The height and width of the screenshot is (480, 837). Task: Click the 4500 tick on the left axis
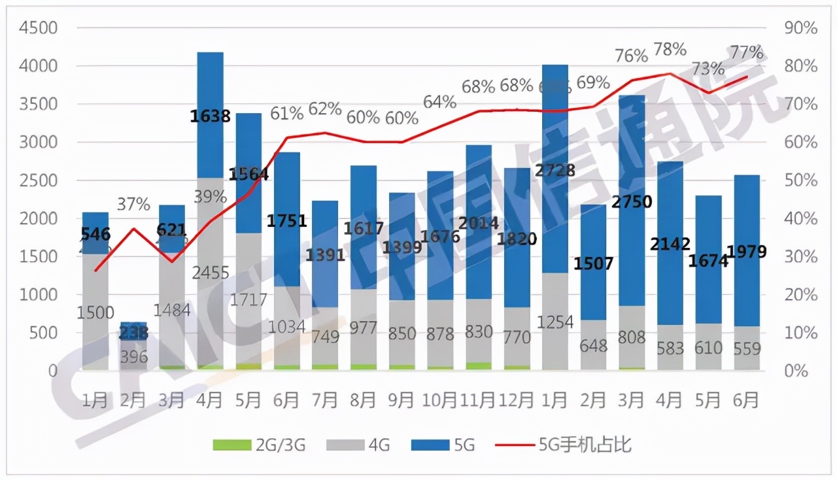click(39, 29)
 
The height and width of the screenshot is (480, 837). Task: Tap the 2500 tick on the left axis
click(39, 181)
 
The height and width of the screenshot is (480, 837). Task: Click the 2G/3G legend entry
click(259, 445)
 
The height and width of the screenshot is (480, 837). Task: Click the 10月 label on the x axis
click(440, 400)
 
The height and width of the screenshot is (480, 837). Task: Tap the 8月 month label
click(363, 400)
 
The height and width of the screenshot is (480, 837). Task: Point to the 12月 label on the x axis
click(517, 400)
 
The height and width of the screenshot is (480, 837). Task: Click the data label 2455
click(210, 272)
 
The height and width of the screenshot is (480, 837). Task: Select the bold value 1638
click(210, 116)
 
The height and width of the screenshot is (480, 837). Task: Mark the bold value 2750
click(632, 202)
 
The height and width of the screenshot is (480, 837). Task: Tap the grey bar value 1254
click(555, 322)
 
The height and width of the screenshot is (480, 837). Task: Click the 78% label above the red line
click(670, 49)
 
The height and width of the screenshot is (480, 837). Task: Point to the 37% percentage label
click(133, 204)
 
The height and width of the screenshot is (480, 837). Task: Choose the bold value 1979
click(747, 252)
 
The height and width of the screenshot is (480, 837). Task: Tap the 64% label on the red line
click(440, 102)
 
